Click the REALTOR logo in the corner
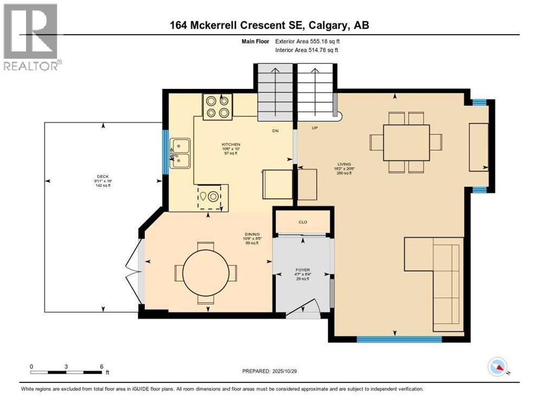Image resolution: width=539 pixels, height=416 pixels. (x=31, y=37)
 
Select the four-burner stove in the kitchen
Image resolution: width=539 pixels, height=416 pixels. (x=217, y=106)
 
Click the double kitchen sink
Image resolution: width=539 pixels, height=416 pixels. (x=180, y=153)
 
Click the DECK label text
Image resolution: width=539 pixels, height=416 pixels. (x=103, y=176)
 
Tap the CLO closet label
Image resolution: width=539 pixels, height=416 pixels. (x=303, y=222)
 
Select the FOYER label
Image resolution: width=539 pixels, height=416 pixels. (x=302, y=269)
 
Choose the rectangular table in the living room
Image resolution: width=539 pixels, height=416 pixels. (x=406, y=142)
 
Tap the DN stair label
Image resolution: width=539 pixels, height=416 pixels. (x=275, y=131)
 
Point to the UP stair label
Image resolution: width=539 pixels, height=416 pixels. (x=314, y=128)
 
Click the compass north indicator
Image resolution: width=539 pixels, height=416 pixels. (x=497, y=367)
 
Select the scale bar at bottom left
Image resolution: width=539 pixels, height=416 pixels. (x=66, y=372)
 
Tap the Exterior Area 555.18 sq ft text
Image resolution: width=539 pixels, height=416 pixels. (x=307, y=41)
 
